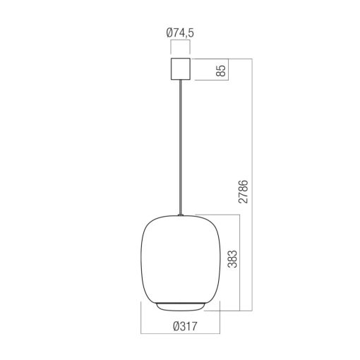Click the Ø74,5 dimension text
tap(181, 32)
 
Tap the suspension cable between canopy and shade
tap(181, 141)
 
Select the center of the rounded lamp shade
tap(181, 258)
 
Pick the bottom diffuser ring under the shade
tap(181, 304)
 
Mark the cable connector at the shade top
tap(181, 215)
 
